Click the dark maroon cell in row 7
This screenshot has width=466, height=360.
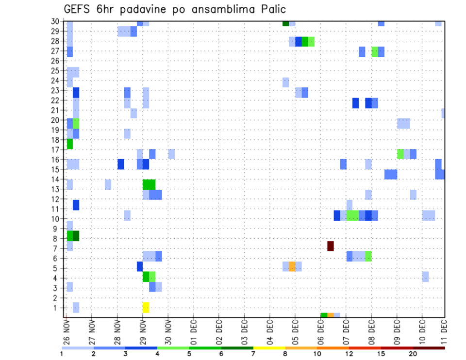tap(331, 246)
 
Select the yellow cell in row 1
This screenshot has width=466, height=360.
tap(146, 307)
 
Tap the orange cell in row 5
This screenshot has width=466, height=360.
tap(292, 266)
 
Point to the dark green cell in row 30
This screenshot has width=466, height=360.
tap(286, 23)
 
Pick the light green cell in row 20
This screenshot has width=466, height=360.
tap(76, 123)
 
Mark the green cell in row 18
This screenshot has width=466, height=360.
tap(70, 144)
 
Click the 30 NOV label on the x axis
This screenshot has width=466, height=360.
tap(168, 332)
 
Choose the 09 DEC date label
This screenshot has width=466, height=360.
tap(397, 332)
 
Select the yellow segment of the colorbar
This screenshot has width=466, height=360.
tap(269, 348)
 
